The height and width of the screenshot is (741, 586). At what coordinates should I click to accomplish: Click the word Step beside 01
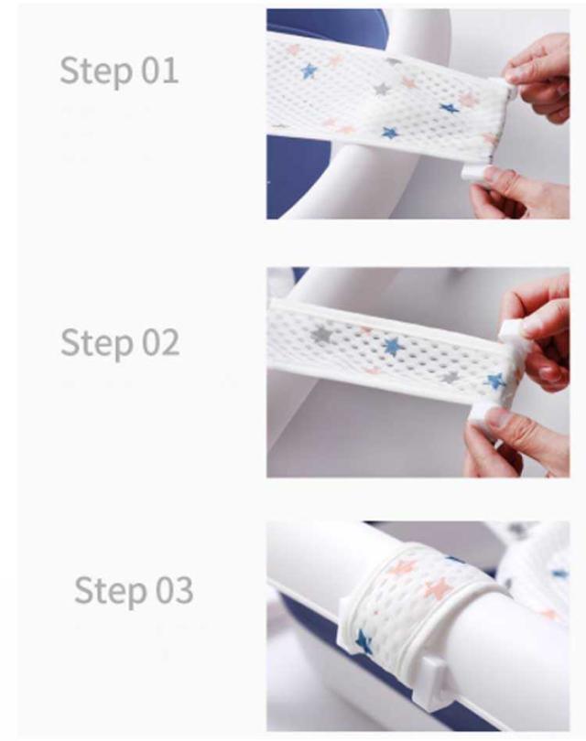pyautogui.click(x=96, y=71)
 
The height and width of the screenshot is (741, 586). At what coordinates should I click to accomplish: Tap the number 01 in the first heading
pyautogui.click(x=160, y=70)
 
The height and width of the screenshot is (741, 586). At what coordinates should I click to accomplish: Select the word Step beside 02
pyautogui.click(x=96, y=344)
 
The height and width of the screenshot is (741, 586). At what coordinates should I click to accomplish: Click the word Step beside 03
pyautogui.click(x=111, y=591)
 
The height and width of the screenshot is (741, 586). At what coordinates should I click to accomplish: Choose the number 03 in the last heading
pyautogui.click(x=175, y=590)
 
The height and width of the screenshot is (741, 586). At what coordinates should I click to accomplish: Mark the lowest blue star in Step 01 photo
pyautogui.click(x=390, y=133)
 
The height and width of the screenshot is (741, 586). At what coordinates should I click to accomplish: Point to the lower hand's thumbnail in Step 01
pyautogui.click(x=494, y=176)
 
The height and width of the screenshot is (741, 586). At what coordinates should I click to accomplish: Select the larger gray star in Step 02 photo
pyautogui.click(x=321, y=333)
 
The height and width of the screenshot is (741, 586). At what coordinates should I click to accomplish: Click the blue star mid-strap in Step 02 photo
pyautogui.click(x=394, y=347)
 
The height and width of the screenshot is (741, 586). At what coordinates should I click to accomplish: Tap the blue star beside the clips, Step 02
pyautogui.click(x=495, y=381)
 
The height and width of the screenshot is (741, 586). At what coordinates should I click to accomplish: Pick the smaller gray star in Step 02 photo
pyautogui.click(x=450, y=377)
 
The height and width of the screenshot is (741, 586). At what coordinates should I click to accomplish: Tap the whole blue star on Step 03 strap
pyautogui.click(x=364, y=642)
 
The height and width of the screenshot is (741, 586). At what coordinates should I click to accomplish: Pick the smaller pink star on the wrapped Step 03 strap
pyautogui.click(x=403, y=567)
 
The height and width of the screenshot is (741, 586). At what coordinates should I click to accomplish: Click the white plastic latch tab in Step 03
pyautogui.click(x=434, y=678)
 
